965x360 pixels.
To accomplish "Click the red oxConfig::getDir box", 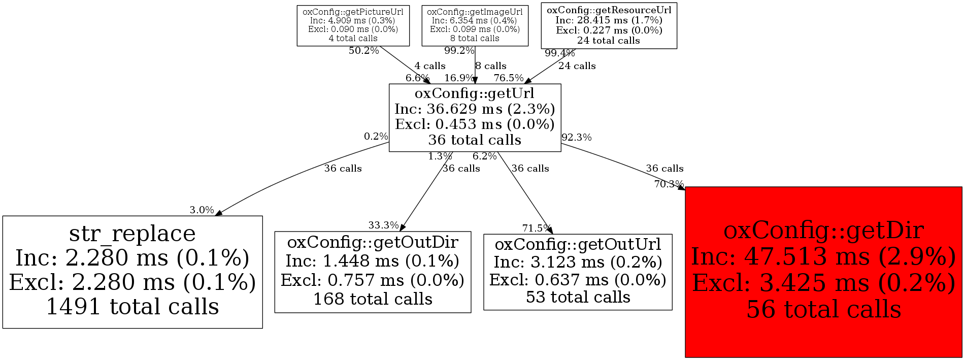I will (823, 272).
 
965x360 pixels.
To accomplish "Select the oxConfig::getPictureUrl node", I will (353, 25).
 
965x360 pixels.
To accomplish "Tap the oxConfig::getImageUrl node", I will (475, 25).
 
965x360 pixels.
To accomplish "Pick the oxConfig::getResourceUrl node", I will (609, 25).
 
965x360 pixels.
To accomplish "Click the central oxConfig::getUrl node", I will (475, 117).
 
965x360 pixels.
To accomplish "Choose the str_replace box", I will (132, 272).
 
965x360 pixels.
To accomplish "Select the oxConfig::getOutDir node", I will (373, 272).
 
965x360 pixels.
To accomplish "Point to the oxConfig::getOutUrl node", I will (578, 272).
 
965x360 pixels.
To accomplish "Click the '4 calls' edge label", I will (429, 66).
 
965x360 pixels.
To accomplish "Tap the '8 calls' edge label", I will (491, 66).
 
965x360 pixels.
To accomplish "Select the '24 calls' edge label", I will (577, 66).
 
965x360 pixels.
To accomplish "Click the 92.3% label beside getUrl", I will (576, 137).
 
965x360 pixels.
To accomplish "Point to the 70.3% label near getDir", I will (669, 184).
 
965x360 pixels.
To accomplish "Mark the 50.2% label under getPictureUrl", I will (363, 51).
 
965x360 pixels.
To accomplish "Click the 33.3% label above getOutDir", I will (383, 225).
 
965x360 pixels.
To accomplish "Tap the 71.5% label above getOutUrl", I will (537, 228).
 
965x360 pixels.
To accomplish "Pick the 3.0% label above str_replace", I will (202, 210).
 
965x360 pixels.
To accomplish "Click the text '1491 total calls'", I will (132, 307).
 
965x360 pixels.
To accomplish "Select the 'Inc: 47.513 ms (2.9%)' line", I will (823, 257).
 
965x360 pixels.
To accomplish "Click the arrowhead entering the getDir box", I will (681, 188).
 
